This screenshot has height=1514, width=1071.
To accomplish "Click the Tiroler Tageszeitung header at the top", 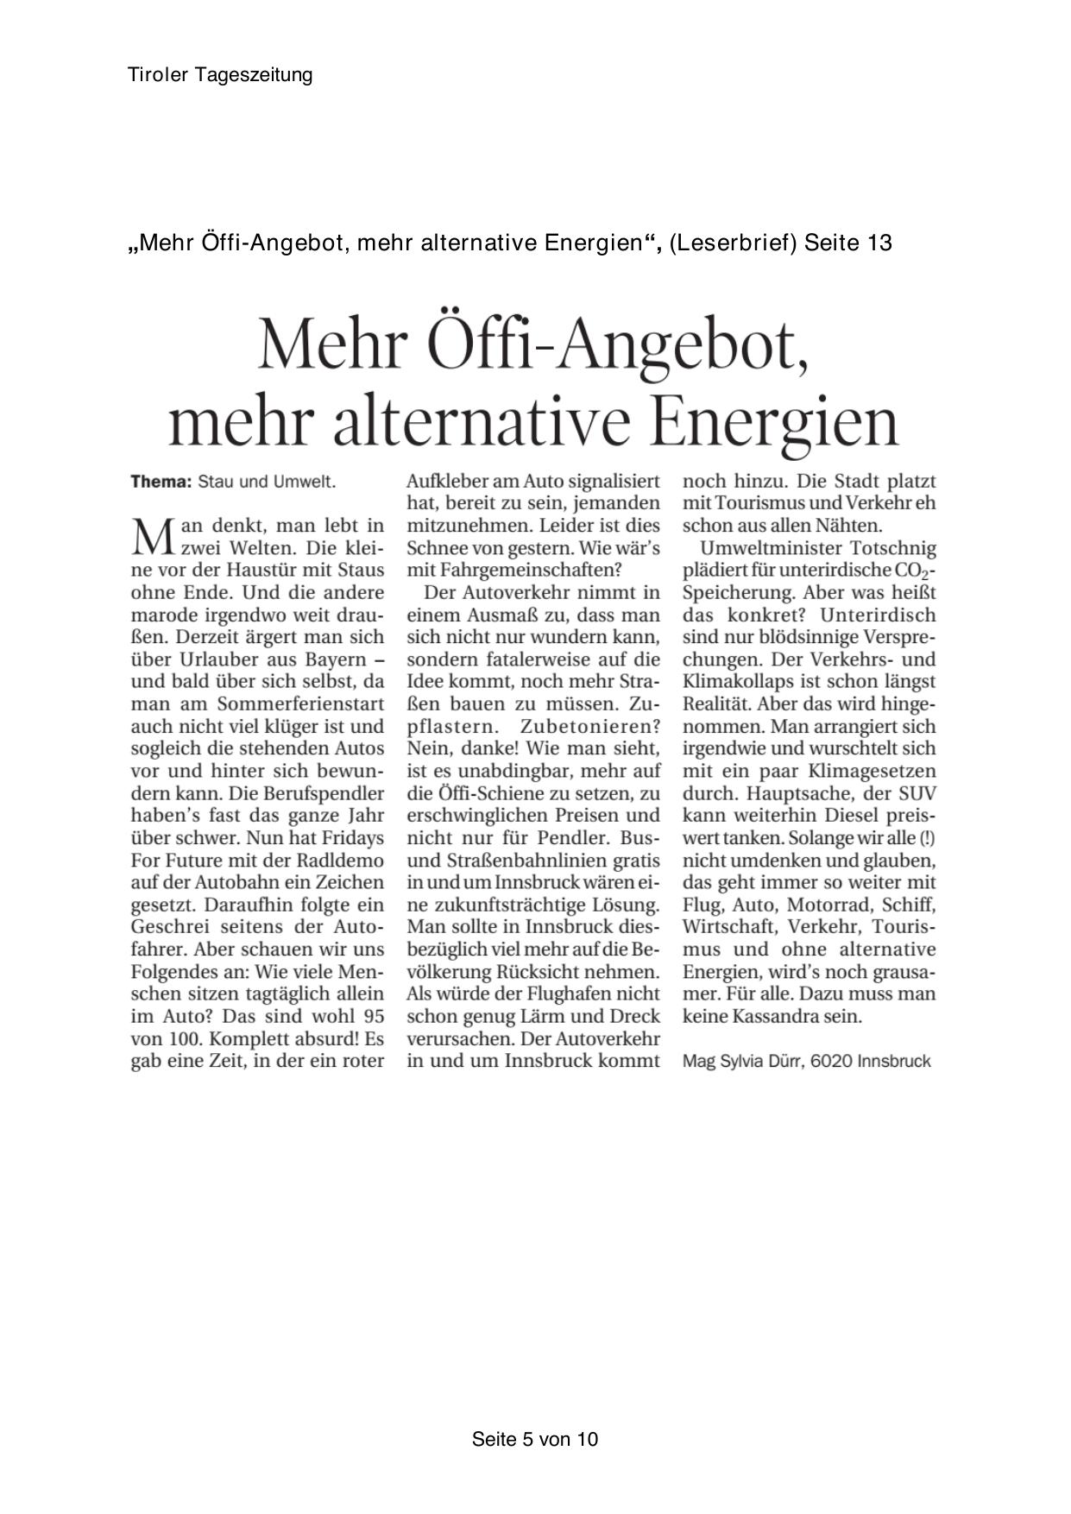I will click(220, 75).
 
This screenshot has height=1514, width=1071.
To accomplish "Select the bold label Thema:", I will click(161, 482).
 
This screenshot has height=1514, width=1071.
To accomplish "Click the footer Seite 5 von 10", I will click(535, 1439).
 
